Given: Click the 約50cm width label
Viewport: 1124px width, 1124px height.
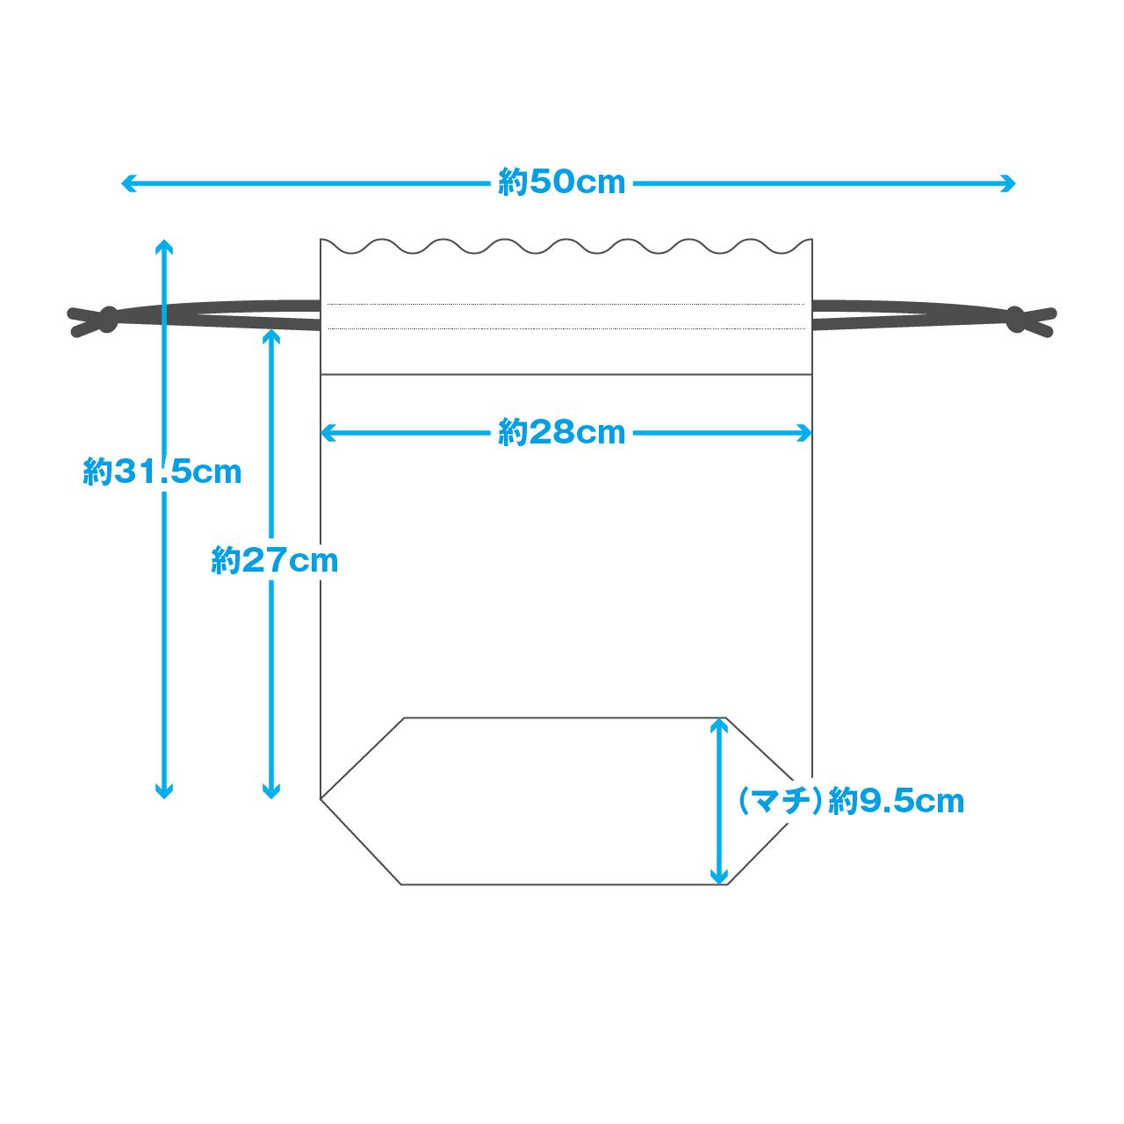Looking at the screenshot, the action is (562, 183).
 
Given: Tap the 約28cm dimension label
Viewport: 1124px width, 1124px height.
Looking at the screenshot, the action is (562, 433).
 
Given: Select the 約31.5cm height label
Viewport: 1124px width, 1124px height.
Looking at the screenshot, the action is (162, 472).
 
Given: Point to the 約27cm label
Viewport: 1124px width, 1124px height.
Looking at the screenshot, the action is (275, 560).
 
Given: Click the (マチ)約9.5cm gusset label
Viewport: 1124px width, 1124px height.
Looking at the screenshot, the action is (851, 801).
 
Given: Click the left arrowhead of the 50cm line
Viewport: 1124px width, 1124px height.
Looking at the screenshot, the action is (127, 184).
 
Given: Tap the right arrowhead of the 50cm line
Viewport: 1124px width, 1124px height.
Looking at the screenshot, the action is (1009, 184).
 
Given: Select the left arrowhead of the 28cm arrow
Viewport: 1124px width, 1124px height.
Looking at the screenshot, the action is (328, 433).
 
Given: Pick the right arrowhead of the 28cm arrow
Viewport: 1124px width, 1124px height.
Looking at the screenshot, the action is (805, 433).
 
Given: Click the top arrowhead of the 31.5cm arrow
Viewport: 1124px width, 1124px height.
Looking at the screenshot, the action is (164, 245).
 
